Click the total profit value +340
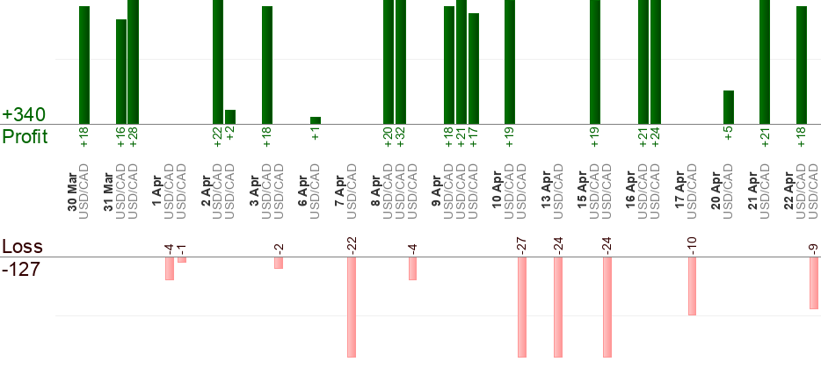[23, 115]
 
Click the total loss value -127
[22, 269]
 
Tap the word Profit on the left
[25, 137]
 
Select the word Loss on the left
[22, 247]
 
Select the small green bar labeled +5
[728, 107]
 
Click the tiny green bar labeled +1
[316, 120]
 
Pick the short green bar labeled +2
[230, 117]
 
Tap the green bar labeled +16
[121, 70]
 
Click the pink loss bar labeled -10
[692, 286]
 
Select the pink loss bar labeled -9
[814, 283]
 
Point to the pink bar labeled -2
[278, 263]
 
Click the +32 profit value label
[401, 137]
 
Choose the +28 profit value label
[134, 137]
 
